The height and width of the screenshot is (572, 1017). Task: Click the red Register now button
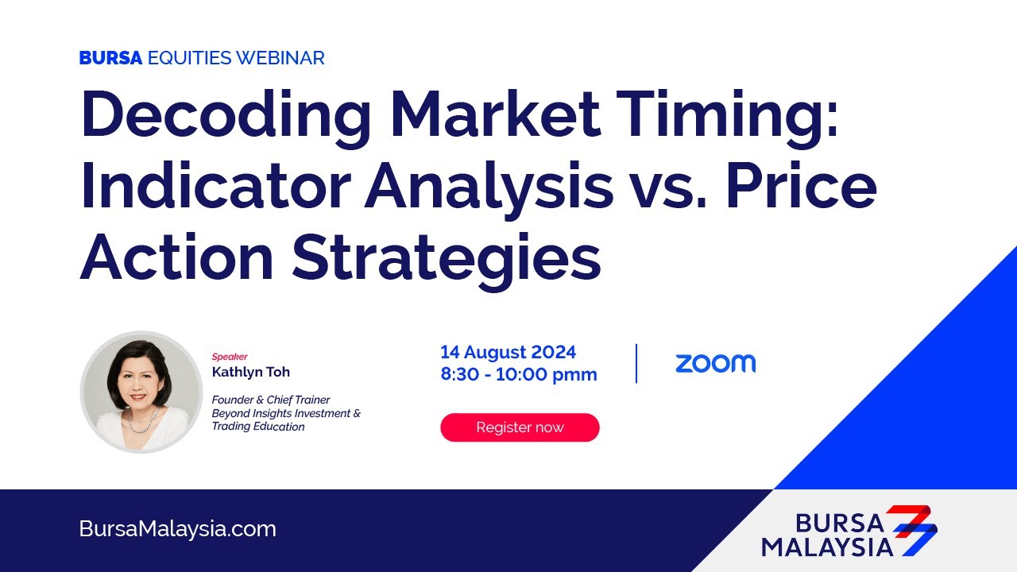click(x=520, y=427)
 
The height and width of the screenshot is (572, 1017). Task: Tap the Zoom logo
click(x=715, y=364)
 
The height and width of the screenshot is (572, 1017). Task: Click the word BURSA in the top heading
click(x=110, y=58)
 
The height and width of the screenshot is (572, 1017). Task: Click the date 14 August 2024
click(x=508, y=352)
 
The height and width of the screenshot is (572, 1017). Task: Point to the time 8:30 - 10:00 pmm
click(x=519, y=374)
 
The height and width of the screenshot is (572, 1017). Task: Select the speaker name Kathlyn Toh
click(x=250, y=372)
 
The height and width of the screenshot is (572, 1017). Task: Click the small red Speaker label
click(x=230, y=357)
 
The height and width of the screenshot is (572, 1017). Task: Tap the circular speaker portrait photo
click(x=141, y=392)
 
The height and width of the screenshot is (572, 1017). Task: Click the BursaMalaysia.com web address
click(x=178, y=529)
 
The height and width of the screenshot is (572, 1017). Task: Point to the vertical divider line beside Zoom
click(x=636, y=364)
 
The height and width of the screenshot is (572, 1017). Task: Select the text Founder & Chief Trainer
click(x=270, y=400)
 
